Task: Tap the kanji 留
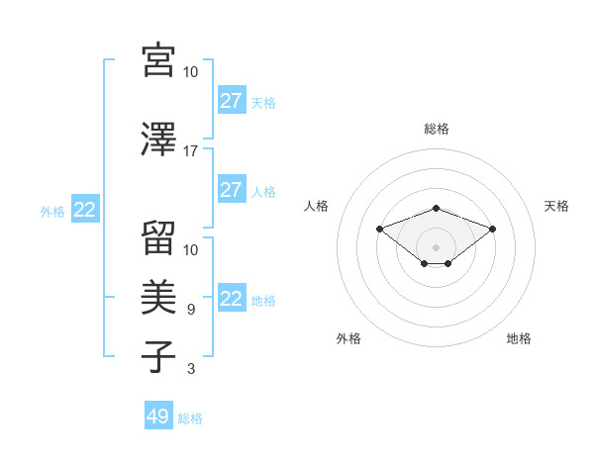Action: point(159,237)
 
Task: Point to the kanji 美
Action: point(159,298)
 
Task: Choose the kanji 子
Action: point(159,356)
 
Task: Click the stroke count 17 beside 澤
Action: point(191,151)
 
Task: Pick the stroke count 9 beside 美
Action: point(191,310)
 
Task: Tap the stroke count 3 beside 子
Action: point(191,369)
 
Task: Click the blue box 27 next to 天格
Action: point(231,101)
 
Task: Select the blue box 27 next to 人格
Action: point(231,190)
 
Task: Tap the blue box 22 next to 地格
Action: point(231,299)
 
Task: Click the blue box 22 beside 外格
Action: point(84,210)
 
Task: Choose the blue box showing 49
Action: point(157,417)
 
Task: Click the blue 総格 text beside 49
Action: point(190,418)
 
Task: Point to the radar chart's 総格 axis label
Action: point(437,129)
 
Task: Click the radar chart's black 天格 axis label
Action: point(556,206)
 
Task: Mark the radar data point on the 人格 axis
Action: point(379,229)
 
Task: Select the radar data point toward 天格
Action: point(493,229)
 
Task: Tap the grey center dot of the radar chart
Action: point(437,246)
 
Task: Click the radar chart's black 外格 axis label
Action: point(348,338)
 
